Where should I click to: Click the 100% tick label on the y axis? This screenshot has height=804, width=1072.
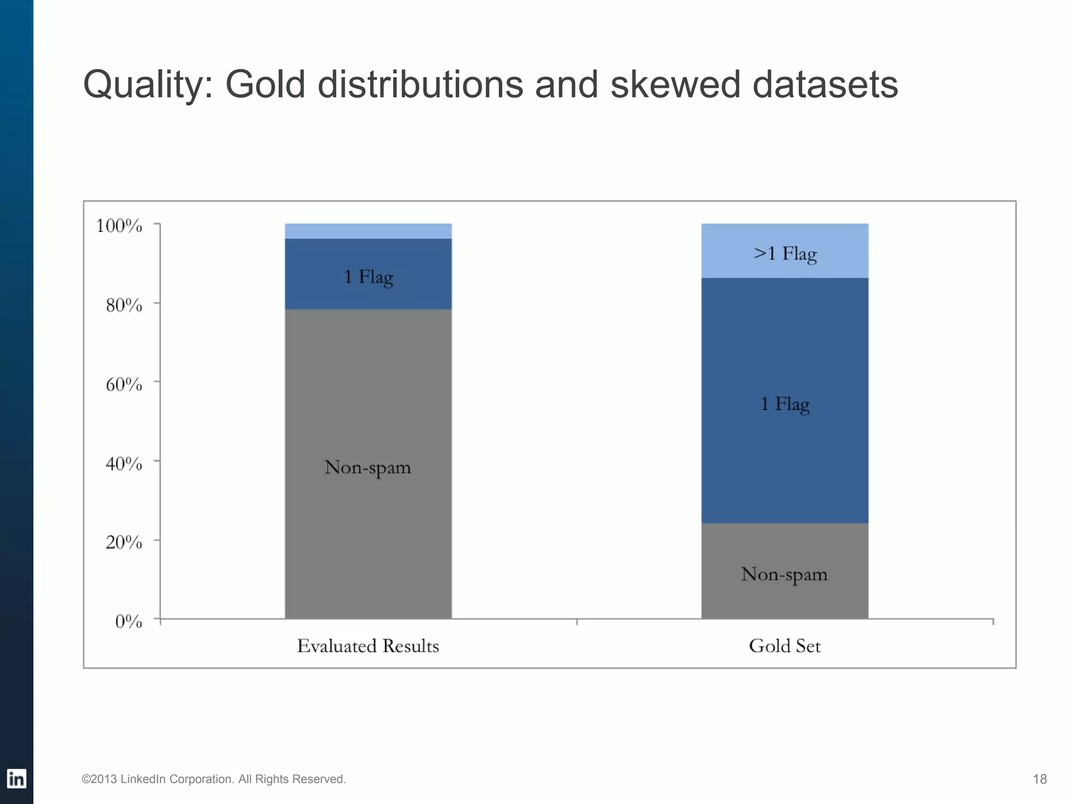coord(119,226)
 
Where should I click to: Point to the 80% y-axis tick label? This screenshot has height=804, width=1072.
coord(124,305)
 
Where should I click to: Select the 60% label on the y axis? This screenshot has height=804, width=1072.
coord(124,384)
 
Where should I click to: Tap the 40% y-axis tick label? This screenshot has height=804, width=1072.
coord(124,463)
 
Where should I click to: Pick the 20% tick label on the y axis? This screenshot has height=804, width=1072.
coord(124,542)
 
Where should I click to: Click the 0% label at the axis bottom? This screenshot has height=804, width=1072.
coord(128,621)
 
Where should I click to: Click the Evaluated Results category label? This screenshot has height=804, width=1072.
coord(368,646)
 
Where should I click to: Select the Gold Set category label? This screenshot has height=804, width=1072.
coord(785,646)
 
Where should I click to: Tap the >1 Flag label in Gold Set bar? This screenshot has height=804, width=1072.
coord(785,254)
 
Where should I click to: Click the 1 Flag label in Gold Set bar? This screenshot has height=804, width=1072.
coord(785,404)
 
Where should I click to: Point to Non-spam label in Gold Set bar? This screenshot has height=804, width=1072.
coord(785,575)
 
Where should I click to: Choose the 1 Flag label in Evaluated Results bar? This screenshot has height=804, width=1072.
coord(368,277)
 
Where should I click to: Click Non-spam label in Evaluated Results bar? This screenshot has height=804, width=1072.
coord(368,467)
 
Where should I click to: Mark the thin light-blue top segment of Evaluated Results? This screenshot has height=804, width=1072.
coord(368,231)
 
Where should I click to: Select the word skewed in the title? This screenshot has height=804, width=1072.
coord(675,84)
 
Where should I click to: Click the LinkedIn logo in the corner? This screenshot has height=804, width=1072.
coord(16,779)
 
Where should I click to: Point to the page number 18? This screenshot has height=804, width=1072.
coord(1040,779)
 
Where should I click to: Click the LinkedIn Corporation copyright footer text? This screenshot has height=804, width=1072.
coord(214,779)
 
